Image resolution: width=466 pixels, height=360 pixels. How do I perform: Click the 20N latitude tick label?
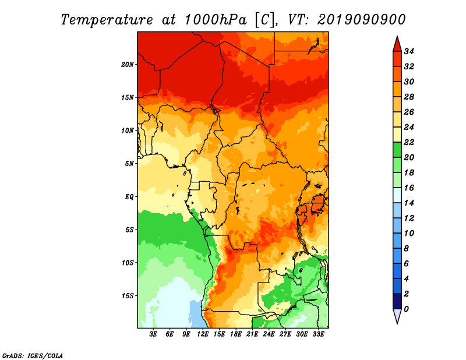click(128, 65)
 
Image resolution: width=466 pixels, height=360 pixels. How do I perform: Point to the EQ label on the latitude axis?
click(129, 197)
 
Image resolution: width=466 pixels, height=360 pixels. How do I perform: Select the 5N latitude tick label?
click(129, 164)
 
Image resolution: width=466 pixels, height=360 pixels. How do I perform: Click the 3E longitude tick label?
click(153, 334)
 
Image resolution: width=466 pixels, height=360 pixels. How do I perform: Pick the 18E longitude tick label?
click(236, 334)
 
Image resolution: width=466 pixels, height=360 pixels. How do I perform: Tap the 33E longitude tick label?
click(318, 334)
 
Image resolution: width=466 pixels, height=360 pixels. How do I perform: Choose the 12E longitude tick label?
click(203, 334)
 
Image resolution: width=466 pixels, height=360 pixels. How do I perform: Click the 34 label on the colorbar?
click(409, 51)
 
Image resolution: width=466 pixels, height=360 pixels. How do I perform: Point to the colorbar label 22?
click(409, 142)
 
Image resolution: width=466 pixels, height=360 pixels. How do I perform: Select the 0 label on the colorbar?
click(406, 309)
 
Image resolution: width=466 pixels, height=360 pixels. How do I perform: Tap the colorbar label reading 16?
click(409, 188)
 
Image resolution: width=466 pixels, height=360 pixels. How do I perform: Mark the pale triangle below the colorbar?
click(397, 315)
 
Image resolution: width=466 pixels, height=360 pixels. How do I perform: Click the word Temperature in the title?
click(107, 20)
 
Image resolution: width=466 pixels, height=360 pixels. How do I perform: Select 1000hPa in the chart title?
click(216, 20)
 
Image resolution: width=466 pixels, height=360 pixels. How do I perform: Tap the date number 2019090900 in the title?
click(361, 20)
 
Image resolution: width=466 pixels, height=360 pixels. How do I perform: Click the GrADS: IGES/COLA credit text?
click(33, 356)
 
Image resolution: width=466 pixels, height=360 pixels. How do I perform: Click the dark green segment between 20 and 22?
click(397, 150)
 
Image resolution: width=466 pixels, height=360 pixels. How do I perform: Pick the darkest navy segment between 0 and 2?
click(397, 301)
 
